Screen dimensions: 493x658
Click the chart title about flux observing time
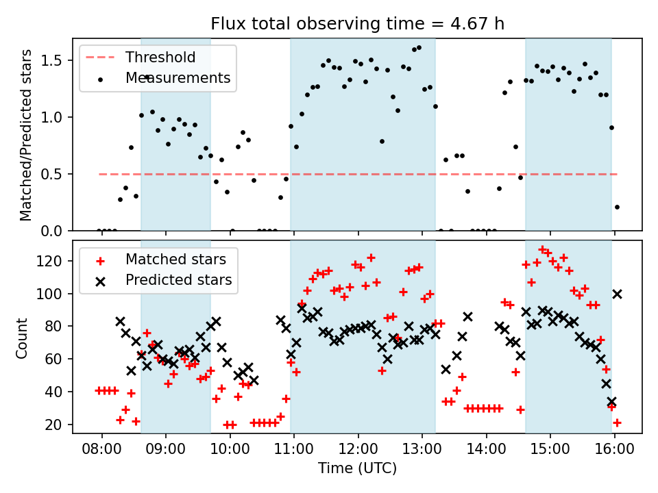coord(357,25)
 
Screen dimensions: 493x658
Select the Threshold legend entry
coord(160,58)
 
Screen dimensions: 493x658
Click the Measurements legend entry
coord(178,78)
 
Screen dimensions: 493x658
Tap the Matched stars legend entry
coord(175,259)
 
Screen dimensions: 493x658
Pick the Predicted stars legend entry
coord(178,279)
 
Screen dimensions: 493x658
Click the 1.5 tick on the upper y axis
coord(56,60)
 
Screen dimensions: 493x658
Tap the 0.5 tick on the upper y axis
coord(56,174)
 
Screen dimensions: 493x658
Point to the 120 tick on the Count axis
coord(54,261)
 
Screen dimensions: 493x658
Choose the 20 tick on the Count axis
coord(58,425)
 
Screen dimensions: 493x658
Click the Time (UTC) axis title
coord(357,469)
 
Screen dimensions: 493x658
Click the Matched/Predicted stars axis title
coord(26,135)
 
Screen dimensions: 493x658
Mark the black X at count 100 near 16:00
coord(617,294)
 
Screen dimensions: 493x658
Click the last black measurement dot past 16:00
coord(617,207)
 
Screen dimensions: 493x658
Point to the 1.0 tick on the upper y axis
coord(56,117)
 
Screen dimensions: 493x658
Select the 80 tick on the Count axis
coord(58,326)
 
